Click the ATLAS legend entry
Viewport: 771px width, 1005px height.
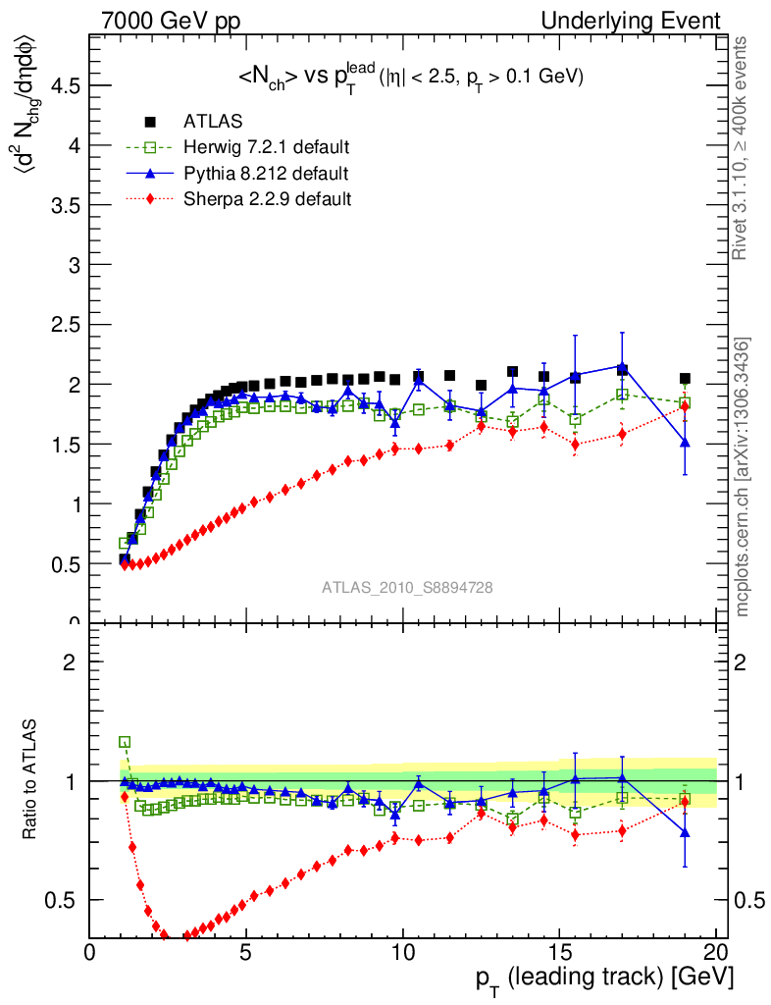(213, 122)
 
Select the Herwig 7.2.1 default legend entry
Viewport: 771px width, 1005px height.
(266, 147)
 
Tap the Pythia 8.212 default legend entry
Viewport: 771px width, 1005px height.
(265, 174)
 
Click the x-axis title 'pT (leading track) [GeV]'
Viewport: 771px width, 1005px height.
(604, 979)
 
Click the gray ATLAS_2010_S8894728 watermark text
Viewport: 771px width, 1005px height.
(407, 587)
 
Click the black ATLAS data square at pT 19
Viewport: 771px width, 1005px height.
(685, 379)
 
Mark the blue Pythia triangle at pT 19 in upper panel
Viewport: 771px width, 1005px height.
(685, 443)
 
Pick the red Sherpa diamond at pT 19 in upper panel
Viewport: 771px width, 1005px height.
(685, 407)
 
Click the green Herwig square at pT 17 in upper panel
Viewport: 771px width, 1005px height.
(622, 395)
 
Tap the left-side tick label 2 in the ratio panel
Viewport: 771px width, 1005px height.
(69, 661)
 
